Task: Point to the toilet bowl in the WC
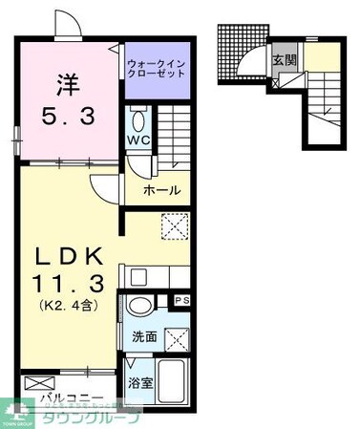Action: (x=139, y=120)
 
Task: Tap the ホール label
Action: (x=160, y=191)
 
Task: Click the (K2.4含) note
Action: (x=68, y=307)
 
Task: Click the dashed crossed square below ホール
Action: (x=175, y=226)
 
